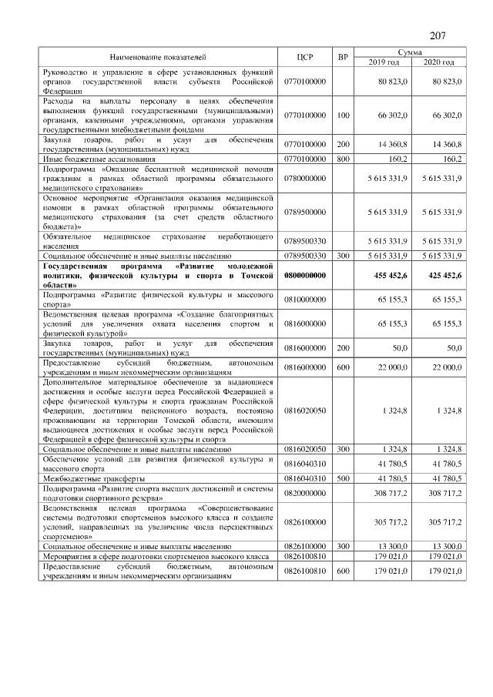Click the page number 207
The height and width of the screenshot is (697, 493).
(438, 35)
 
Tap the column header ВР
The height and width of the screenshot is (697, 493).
(343, 58)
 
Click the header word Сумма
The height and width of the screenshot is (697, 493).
(410, 51)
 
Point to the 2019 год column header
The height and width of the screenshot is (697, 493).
(383, 62)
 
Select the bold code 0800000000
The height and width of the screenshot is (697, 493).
(305, 275)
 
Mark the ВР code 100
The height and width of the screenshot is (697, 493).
(343, 115)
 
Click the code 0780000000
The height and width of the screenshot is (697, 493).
(305, 177)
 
